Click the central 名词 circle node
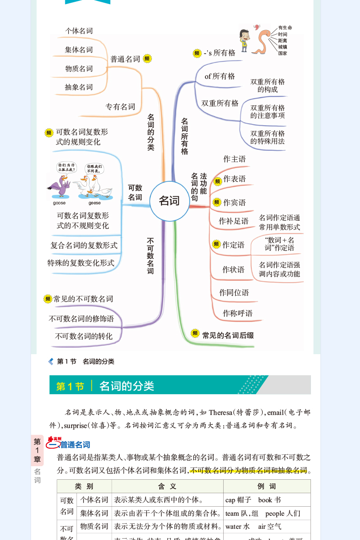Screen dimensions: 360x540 pyautogui.click(x=169, y=201)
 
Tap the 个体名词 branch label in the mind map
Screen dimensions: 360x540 pyautogui.click(x=79, y=31)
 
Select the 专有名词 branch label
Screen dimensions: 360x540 pyautogui.click(x=120, y=107)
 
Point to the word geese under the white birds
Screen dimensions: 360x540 pyautogui.click(x=94, y=203)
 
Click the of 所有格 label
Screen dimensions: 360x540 pyautogui.click(x=220, y=76)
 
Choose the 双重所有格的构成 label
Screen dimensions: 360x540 pyautogui.click(x=267, y=85)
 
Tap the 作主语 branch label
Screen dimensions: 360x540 pyautogui.click(x=234, y=159)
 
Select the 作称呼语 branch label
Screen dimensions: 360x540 pyautogui.click(x=238, y=313)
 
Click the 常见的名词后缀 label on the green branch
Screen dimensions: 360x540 pyautogui.click(x=228, y=335)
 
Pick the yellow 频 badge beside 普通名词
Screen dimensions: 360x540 pyautogui.click(x=147, y=58)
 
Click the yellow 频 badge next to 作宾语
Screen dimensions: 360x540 pyautogui.click(x=217, y=202)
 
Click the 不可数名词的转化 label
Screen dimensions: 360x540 pyautogui.click(x=84, y=336)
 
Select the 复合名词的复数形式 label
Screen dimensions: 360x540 pyautogui.click(x=84, y=245)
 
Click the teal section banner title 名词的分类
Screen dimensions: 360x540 pyautogui.click(x=126, y=386)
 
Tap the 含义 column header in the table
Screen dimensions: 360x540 pyautogui.click(x=167, y=486)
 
